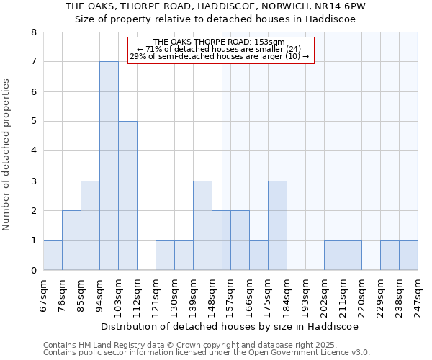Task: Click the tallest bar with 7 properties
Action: (109, 166)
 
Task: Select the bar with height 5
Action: (127, 196)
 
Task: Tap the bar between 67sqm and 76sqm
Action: (53, 255)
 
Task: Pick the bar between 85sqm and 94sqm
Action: (90, 225)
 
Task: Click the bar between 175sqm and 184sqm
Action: (277, 225)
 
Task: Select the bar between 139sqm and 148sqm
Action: (202, 225)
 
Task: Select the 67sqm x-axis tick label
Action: (44, 293)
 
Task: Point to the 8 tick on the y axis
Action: (33, 32)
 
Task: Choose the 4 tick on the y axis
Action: (33, 151)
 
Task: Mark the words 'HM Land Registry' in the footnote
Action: (115, 345)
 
